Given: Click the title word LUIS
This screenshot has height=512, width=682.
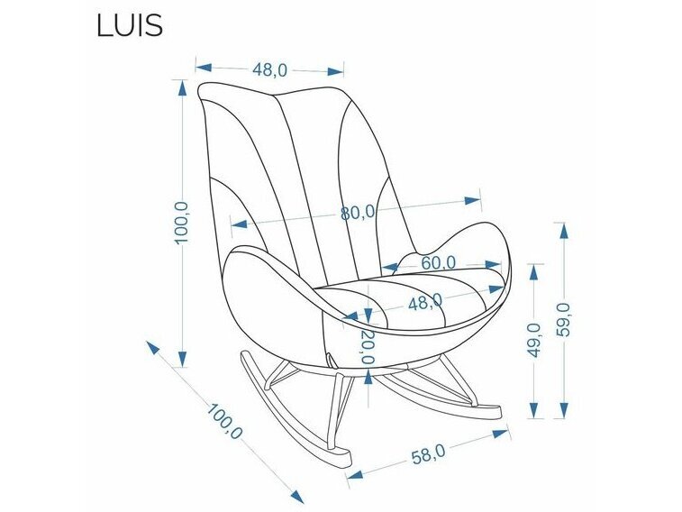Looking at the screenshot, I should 129,25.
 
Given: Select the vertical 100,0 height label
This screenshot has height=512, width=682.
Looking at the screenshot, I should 181,222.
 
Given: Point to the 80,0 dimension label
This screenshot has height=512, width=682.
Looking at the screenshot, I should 358,214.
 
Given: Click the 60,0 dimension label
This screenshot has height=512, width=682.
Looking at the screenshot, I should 438,262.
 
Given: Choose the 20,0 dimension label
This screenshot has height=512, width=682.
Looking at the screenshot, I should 368,346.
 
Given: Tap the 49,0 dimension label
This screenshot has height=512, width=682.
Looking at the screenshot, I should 534,340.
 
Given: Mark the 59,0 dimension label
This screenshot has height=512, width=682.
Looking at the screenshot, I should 565,321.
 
